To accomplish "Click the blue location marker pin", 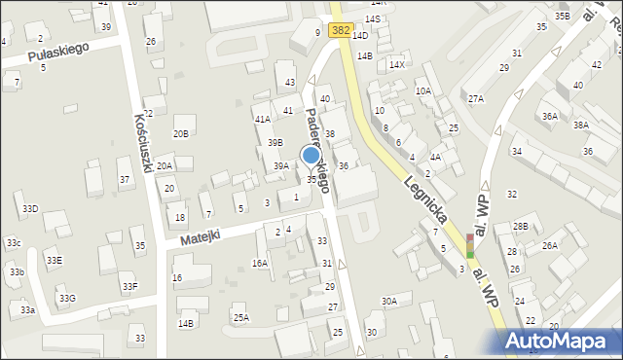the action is pos(311,156).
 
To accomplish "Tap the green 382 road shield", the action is pos(340,30).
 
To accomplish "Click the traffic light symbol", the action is pos(470,246).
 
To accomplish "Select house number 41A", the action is pos(262,119).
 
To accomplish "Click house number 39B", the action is pos(275,143).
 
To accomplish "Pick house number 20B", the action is pos(181,133).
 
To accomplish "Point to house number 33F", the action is pos(129,286).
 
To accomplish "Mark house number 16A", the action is pos(260,263).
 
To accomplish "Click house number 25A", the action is pos(240,317).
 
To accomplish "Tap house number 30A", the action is pos(389,302).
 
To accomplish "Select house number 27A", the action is pos(475,99).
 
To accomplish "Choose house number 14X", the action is pos(396,64).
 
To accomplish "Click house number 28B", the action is pos(521,227).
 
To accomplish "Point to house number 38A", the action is pos(581,125).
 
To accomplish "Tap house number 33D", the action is pos(30,209).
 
